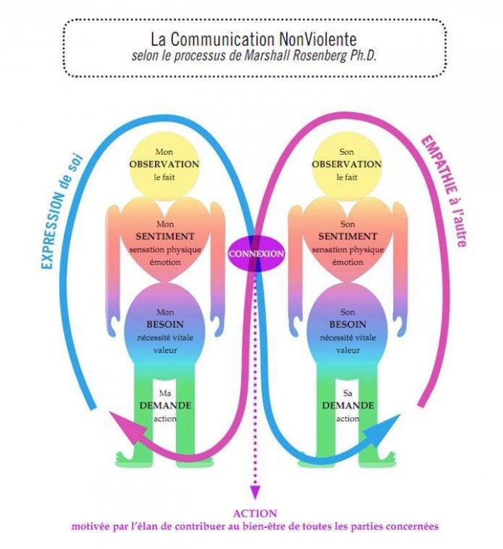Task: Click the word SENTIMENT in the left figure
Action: (x=165, y=236)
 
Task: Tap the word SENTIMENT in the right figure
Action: (x=347, y=236)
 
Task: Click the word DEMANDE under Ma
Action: (x=165, y=405)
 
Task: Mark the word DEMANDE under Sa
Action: (x=347, y=405)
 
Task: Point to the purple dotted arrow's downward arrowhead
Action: (x=254, y=491)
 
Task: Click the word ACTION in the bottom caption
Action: (x=254, y=513)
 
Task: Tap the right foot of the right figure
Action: (x=383, y=455)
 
